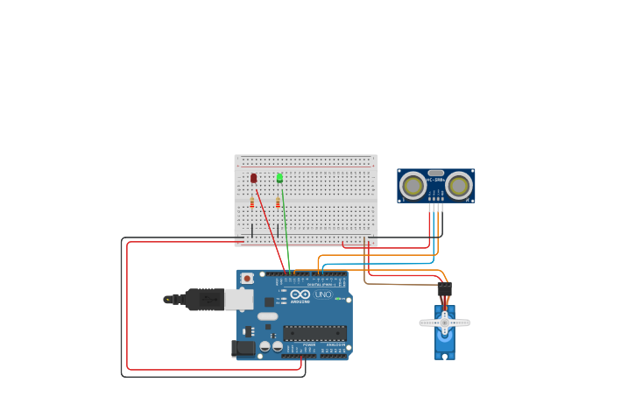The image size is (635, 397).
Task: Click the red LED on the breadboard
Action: [x=254, y=178]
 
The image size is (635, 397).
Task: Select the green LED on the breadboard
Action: [x=280, y=178]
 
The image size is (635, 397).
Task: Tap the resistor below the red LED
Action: [x=252, y=202]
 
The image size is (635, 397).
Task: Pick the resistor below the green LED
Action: [x=278, y=202]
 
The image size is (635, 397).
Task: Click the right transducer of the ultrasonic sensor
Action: [x=457, y=185]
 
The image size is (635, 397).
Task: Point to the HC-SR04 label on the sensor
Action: [x=435, y=180]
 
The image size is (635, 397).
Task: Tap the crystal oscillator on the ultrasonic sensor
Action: [x=435, y=173]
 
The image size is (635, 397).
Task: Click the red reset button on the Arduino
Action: [x=247, y=279]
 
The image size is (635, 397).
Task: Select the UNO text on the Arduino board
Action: [x=322, y=294]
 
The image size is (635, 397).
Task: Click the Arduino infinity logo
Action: [x=300, y=294]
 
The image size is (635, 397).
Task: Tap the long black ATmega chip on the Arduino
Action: [x=314, y=333]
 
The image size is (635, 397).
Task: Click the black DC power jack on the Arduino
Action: [x=243, y=349]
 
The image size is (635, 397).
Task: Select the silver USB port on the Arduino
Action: [x=238, y=300]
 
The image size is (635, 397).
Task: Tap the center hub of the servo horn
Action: [x=444, y=323]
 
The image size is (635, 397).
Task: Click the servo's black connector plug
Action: [x=444, y=288]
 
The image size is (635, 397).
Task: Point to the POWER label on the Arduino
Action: [x=309, y=345]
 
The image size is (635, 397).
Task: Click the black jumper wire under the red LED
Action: [x=252, y=230]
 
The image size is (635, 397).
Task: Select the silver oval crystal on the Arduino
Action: [x=268, y=316]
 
